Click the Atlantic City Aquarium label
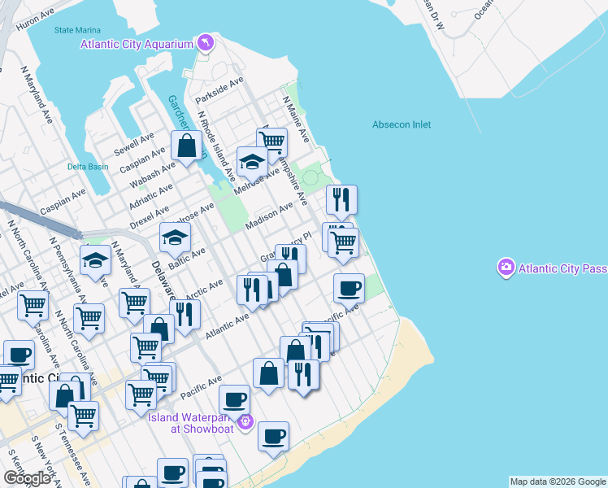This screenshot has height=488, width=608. tap(135, 44)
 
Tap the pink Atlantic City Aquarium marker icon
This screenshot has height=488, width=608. tap(206, 42)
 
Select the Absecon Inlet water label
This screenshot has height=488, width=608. tap(402, 124)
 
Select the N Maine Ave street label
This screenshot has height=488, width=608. tap(296, 119)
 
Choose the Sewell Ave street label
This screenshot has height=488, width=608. tap(133, 144)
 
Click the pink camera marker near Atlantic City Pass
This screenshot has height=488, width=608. tap(506, 267)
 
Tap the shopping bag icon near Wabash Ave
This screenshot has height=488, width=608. tap(187, 146)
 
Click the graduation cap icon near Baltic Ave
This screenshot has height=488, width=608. tap(175, 237)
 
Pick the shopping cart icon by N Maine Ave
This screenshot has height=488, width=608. tap(273, 142)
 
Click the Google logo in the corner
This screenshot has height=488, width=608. tap(27, 478)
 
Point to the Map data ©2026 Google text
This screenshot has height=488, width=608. tap(558, 481)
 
